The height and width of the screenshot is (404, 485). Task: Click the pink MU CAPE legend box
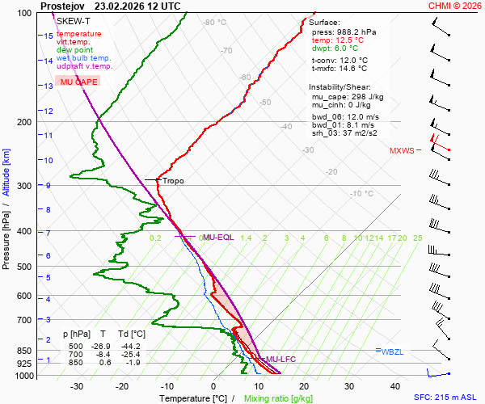coord(78,82)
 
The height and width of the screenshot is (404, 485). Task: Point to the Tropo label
coord(173,181)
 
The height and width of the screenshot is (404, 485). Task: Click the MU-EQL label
coord(218,238)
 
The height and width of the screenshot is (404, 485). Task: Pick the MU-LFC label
coord(281,359)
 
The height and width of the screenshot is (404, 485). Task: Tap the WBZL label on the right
coord(393,351)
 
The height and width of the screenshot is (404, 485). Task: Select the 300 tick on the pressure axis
coord(24,186)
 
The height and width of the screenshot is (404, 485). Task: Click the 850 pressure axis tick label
coord(24,351)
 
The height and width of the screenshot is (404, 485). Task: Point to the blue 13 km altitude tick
coord(48,86)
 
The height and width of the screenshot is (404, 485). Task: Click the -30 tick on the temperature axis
coord(77,386)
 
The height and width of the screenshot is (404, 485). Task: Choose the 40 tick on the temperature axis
coord(395,386)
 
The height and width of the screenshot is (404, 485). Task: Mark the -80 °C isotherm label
coord(214,23)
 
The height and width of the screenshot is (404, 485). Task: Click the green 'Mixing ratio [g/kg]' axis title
coord(278,398)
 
